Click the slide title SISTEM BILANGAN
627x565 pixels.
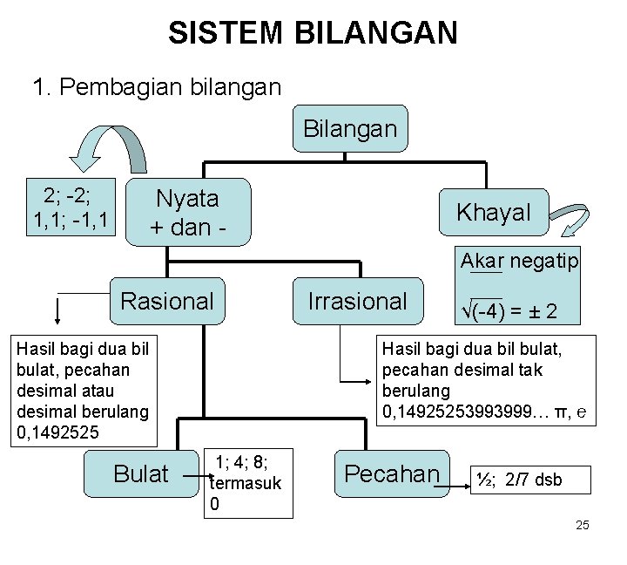point(313,33)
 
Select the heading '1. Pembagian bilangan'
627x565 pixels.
point(156,87)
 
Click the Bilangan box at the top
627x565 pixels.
point(349,129)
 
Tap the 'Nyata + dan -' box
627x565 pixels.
point(187,212)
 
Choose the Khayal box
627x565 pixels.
point(494,211)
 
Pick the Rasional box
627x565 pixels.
point(167,301)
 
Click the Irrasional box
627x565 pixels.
point(357,301)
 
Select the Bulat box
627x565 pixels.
point(141,473)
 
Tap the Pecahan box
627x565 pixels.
point(392,473)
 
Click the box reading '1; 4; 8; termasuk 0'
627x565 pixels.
point(248,483)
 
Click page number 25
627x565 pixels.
point(583,525)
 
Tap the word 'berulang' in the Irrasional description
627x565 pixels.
point(416,390)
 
